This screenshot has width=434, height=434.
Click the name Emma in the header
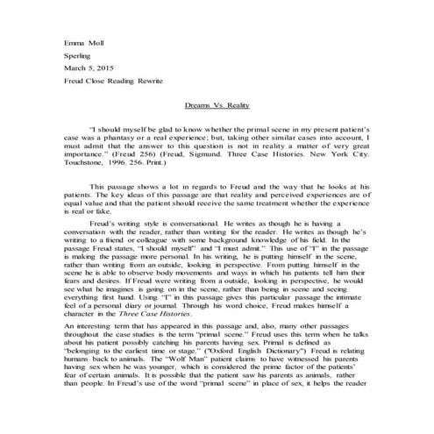tap(74, 41)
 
